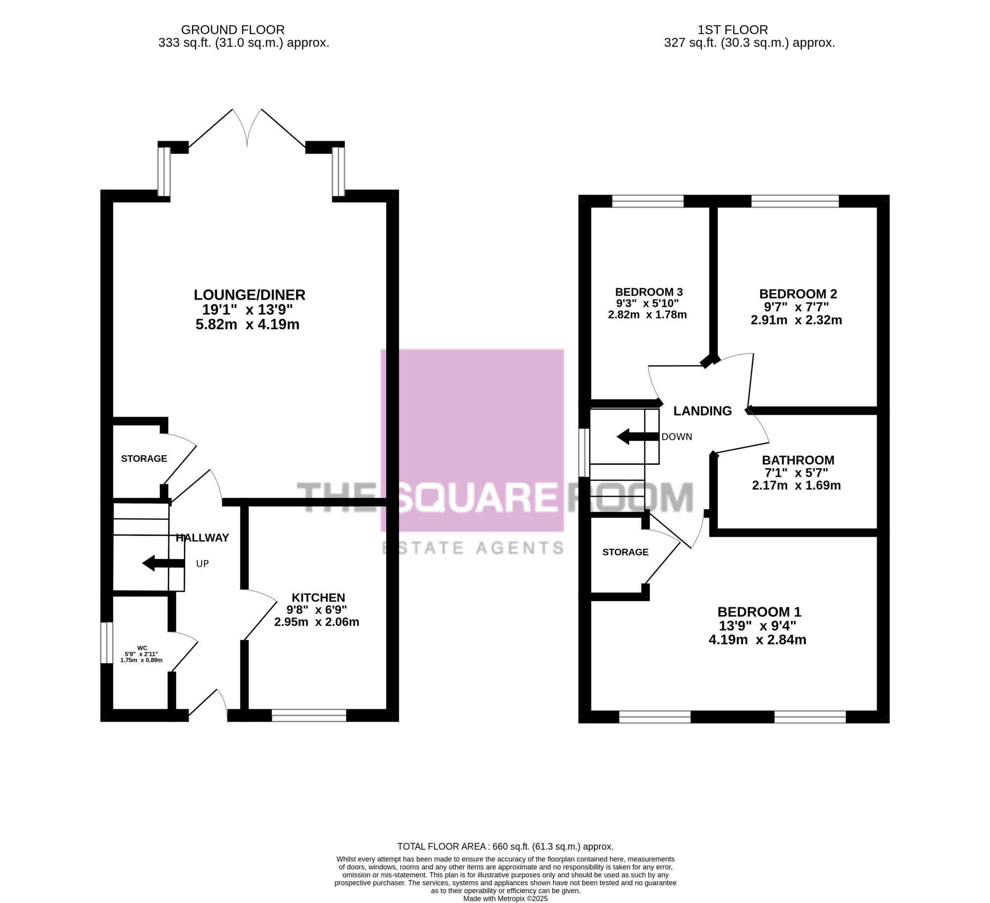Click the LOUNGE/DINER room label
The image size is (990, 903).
249,295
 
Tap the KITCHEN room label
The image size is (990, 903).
318,597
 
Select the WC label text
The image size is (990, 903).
142,648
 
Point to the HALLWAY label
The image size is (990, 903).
202,537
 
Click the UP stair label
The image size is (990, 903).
202,564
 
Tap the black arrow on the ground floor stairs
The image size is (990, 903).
163,563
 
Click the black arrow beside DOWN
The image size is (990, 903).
638,436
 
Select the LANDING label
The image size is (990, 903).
702,411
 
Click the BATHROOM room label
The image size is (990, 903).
798,460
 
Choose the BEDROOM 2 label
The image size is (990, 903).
798,294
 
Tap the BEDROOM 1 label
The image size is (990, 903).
759,612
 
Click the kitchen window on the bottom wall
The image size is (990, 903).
309,715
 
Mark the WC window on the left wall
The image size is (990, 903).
106,642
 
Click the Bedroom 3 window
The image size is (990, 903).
648,201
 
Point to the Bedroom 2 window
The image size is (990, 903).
795,201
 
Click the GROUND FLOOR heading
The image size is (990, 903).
233,30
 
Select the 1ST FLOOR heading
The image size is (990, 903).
733,30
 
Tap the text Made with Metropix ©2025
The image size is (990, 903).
505,898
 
